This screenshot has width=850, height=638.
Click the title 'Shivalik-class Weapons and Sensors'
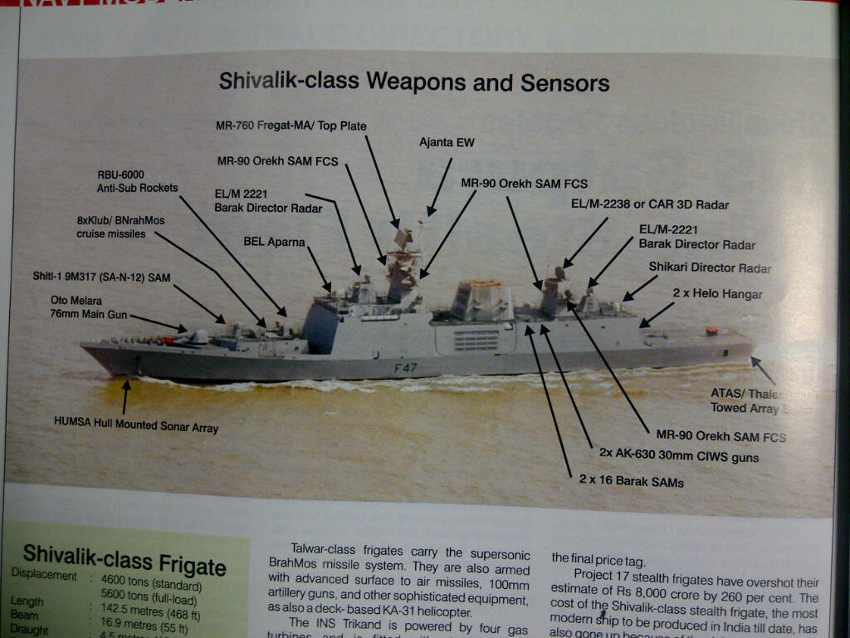(413, 82)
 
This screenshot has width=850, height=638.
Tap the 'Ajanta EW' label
(447, 143)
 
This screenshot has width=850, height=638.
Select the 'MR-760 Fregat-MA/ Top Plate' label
(291, 126)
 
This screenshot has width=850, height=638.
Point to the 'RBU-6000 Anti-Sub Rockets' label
(137, 181)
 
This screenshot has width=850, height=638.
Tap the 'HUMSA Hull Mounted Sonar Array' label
(136, 428)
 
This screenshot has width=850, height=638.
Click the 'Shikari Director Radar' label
(710, 267)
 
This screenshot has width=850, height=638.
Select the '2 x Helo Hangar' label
(716, 294)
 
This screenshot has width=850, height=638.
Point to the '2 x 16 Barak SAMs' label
(631, 480)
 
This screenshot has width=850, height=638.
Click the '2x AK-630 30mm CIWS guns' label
(678, 456)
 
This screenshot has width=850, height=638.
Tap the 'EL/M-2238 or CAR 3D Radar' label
(649, 204)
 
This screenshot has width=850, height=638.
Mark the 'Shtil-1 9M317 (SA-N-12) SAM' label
(101, 277)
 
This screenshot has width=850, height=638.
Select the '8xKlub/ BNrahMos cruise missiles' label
(111, 228)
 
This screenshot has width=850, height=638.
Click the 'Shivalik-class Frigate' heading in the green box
(125, 558)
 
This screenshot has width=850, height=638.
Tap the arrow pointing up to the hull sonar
(125, 397)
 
